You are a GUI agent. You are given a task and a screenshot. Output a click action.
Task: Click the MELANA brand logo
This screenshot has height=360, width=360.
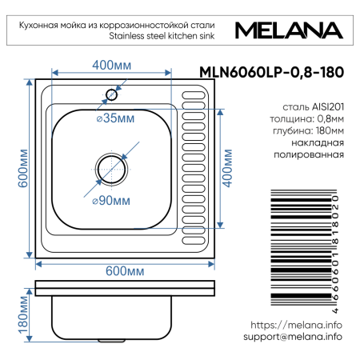pos(289,30)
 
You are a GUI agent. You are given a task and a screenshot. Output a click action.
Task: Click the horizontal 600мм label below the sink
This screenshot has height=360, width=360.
pos(123,270)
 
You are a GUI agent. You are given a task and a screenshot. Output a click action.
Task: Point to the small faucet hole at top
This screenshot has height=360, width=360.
pos(112,94)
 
